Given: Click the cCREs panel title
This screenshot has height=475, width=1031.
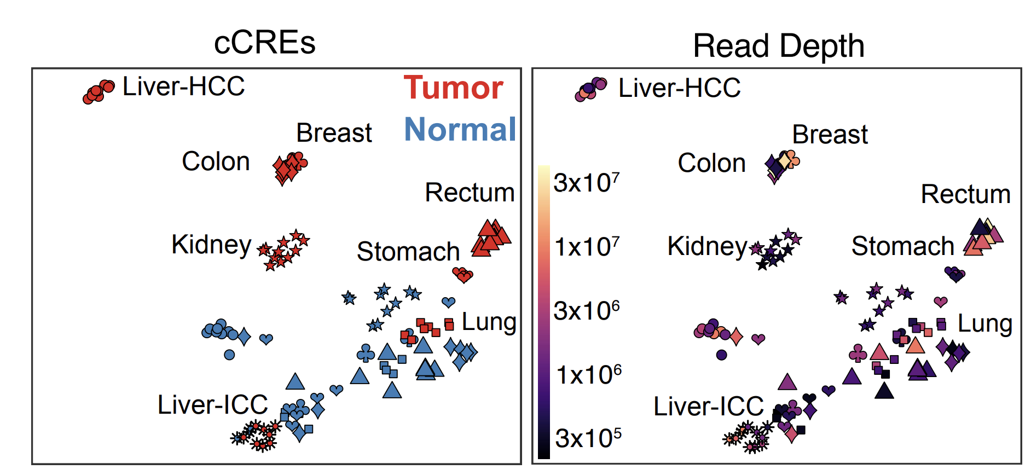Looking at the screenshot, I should [x=264, y=43].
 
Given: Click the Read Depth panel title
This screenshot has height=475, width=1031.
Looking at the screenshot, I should [x=778, y=45].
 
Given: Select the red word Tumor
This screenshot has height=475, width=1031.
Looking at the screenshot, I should [x=453, y=88].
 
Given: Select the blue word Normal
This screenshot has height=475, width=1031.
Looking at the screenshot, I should [x=460, y=130].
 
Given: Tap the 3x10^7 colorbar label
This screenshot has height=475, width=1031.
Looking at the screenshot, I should [x=586, y=182].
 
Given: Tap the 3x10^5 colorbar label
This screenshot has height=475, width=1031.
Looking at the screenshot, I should [x=588, y=438].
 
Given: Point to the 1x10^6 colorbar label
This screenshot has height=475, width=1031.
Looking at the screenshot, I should [x=588, y=374].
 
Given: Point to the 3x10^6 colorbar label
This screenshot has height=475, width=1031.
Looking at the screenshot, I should [x=586, y=310].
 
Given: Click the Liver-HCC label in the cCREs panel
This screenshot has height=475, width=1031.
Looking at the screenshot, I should [x=183, y=86].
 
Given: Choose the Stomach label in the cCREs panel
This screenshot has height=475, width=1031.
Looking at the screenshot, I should [x=408, y=252].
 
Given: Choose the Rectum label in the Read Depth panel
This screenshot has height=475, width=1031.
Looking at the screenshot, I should [x=965, y=194].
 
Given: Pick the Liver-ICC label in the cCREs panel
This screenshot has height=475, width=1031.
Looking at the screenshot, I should [x=212, y=405].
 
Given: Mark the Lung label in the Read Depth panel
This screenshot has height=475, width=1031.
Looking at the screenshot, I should [x=984, y=323].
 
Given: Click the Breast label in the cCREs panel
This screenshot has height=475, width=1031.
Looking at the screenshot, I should [x=334, y=133].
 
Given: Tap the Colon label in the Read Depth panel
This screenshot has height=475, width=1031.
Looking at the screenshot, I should [x=711, y=163].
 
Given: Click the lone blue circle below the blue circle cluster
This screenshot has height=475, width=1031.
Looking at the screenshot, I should [x=229, y=355].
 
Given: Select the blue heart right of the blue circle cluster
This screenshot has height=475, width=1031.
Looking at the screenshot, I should [x=266, y=339].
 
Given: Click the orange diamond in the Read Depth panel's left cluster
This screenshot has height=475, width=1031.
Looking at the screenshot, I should [x=737, y=337].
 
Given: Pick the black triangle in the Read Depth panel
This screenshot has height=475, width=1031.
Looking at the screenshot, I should [x=884, y=390].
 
